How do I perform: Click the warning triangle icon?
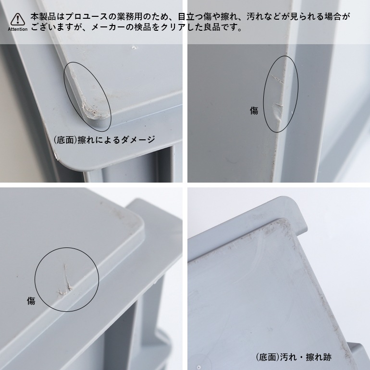point(18,19)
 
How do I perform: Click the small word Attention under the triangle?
point(18,29)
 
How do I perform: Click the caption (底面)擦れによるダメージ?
point(104,140)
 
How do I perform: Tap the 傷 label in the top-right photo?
point(254,111)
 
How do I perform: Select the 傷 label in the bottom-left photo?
point(31,301)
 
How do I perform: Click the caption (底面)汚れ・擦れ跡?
point(293,357)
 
